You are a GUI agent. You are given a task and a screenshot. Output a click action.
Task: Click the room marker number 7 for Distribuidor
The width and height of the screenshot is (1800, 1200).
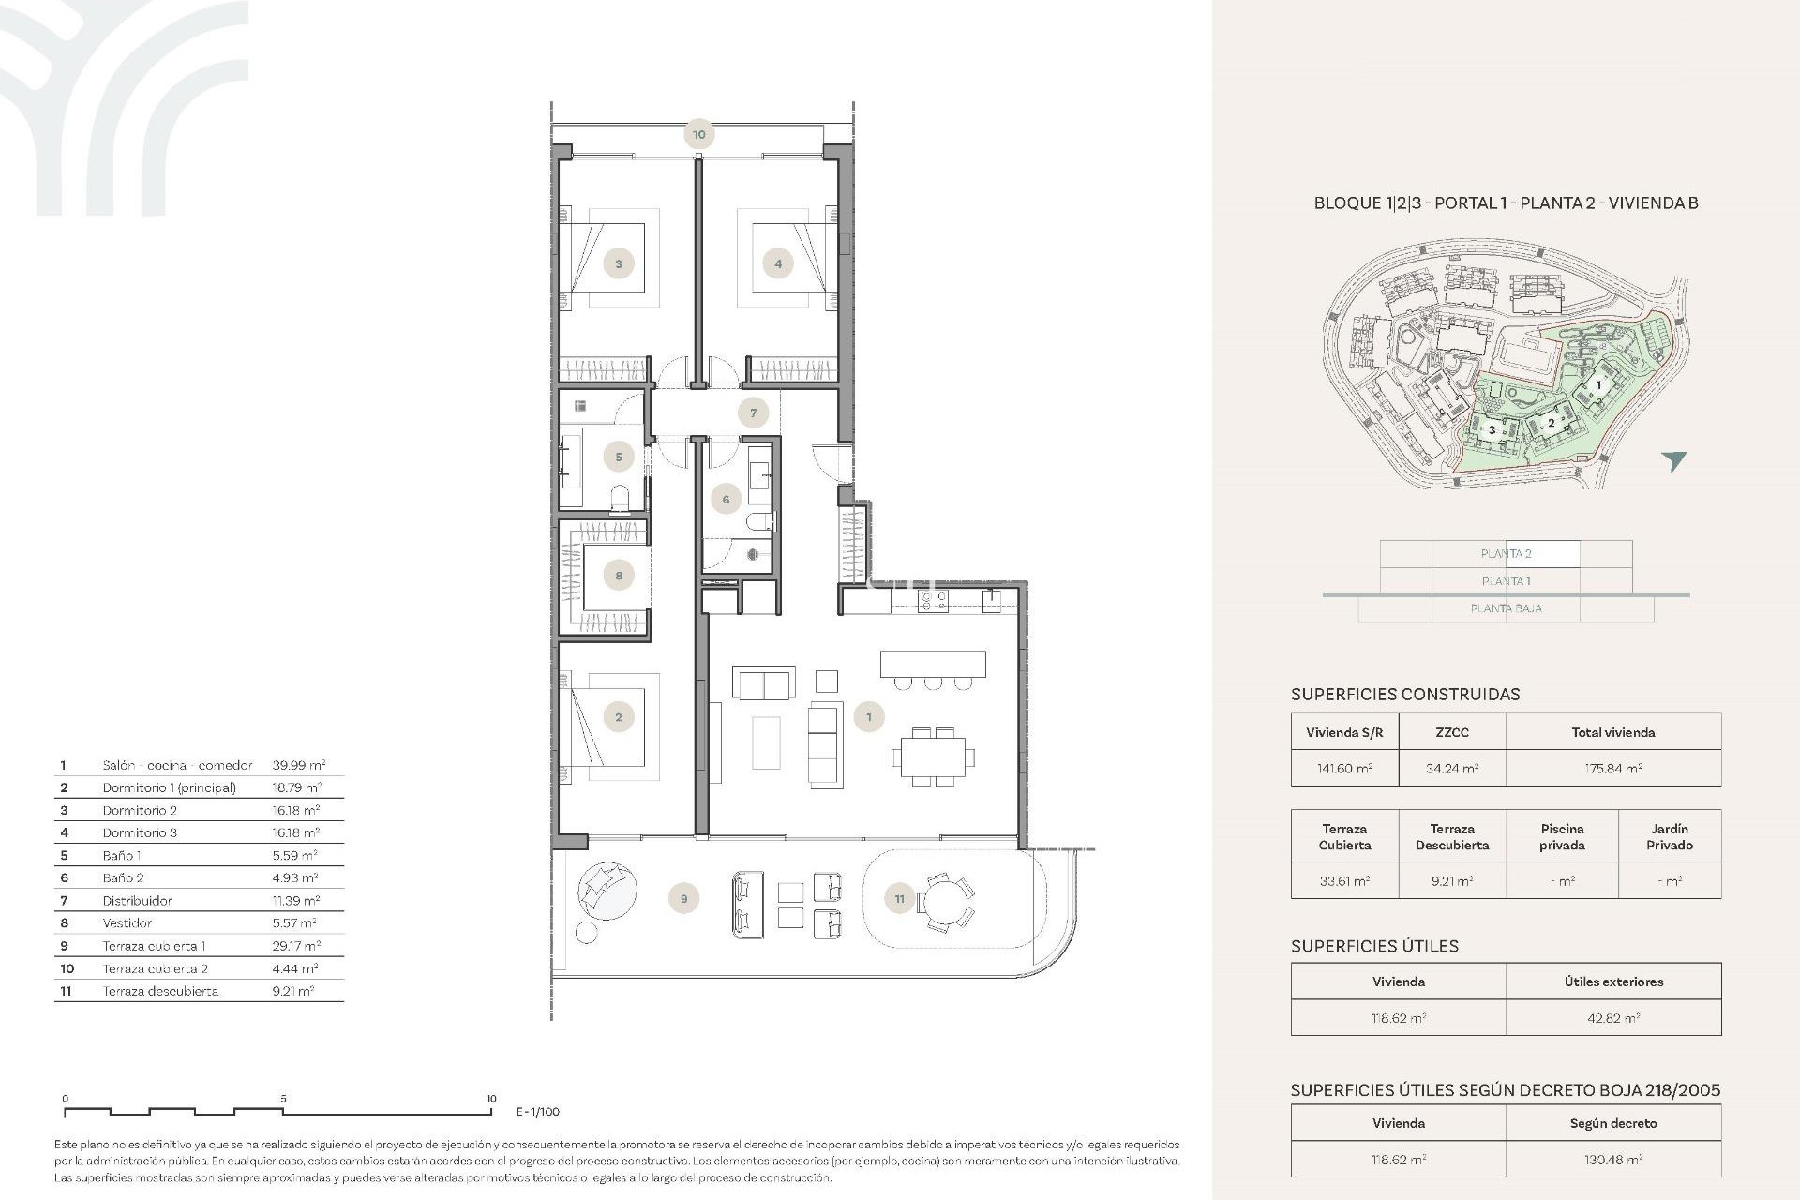753,412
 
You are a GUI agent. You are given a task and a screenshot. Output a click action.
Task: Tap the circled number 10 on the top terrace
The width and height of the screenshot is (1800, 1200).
698,134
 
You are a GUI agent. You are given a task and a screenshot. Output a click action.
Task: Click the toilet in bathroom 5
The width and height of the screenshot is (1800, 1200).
620,499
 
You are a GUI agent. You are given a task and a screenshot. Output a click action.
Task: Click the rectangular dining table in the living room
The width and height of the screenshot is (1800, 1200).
933,756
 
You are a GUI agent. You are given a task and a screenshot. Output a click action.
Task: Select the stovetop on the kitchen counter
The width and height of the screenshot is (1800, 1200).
933,601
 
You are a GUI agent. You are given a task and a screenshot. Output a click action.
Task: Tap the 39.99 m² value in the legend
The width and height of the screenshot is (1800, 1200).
298,765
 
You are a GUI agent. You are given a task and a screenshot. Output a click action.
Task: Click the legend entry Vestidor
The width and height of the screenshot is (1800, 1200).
127,923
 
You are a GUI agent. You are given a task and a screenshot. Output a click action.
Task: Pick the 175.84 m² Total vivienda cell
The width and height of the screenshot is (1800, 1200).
1612,768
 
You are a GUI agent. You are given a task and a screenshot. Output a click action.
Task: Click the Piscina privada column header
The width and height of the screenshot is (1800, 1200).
1561,836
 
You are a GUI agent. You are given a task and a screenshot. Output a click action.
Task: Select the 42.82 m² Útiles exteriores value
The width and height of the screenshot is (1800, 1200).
1612,1018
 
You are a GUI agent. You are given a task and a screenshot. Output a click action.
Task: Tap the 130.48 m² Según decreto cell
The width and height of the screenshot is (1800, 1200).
1612,1160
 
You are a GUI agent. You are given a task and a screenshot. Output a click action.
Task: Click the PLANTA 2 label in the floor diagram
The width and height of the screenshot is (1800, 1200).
1506,554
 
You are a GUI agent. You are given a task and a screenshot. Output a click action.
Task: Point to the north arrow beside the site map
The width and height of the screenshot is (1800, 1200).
1673,460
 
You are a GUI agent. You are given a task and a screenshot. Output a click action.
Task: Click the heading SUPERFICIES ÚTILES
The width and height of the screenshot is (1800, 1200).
1374,946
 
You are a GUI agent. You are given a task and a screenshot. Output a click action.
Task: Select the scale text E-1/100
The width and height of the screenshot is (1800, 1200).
538,1112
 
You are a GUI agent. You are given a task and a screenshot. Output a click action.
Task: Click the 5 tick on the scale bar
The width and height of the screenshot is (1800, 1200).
283,1099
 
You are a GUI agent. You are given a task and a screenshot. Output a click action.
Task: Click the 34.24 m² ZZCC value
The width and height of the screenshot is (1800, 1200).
1451,768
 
